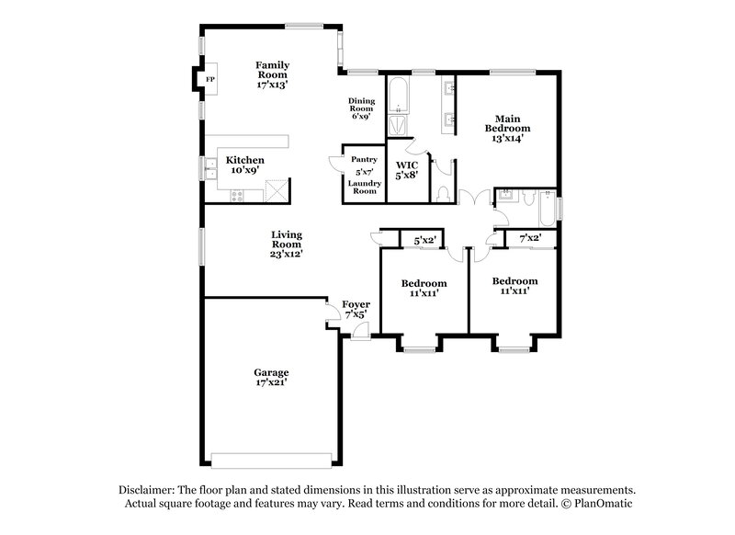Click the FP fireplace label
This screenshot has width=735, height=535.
click(x=209, y=79)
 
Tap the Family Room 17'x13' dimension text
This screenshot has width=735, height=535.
click(x=273, y=84)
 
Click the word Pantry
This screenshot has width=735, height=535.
click(x=364, y=159)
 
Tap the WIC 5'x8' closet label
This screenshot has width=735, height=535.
click(x=406, y=169)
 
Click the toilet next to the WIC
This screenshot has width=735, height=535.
click(x=443, y=194)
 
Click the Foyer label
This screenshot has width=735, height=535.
click(x=356, y=304)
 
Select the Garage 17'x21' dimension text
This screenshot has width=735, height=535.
click(x=272, y=381)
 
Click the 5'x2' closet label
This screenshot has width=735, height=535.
click(x=424, y=240)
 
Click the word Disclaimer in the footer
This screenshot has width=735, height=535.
click(x=149, y=491)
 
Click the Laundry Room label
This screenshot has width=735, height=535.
click(x=364, y=188)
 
